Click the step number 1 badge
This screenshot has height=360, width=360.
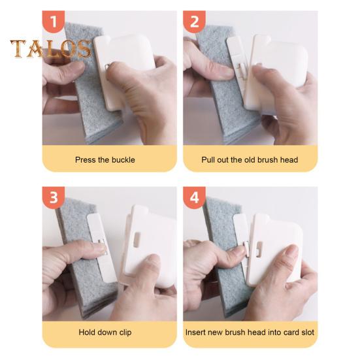click(54, 22)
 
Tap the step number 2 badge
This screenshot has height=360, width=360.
click(194, 22)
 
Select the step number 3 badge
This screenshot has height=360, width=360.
click(54, 197)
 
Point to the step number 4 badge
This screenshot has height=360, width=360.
click(194, 197)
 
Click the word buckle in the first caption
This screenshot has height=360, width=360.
click(123, 159)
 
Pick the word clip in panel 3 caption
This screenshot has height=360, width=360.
click(125, 332)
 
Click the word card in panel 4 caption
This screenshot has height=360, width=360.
click(291, 332)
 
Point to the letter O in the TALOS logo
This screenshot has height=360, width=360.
click(69, 48)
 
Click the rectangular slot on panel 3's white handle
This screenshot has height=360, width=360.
click(137, 240)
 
